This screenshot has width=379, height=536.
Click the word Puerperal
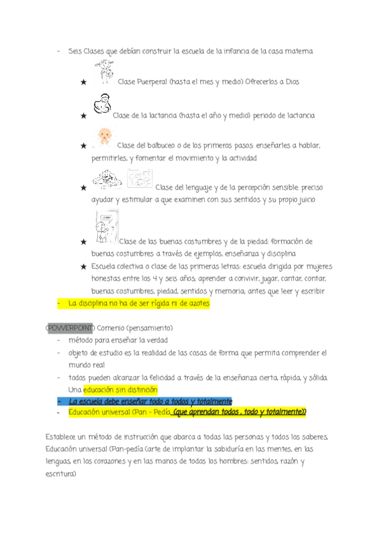click(x=152, y=82)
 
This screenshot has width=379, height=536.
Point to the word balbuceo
click(x=165, y=146)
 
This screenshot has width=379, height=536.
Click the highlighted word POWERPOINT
click(x=70, y=329)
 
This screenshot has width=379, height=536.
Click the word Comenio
click(x=112, y=329)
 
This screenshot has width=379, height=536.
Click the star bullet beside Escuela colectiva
click(x=83, y=267)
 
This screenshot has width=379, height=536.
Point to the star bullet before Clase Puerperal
click(x=83, y=82)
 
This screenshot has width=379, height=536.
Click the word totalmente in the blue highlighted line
click(x=211, y=401)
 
